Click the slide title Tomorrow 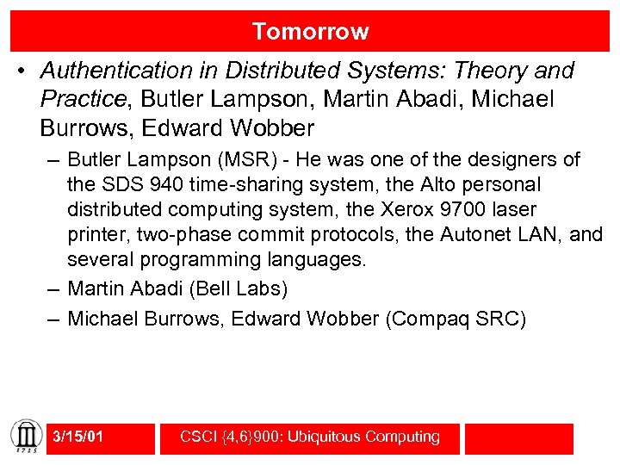[x=310, y=32]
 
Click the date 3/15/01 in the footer [x=77, y=437]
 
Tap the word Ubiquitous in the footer [x=325, y=437]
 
